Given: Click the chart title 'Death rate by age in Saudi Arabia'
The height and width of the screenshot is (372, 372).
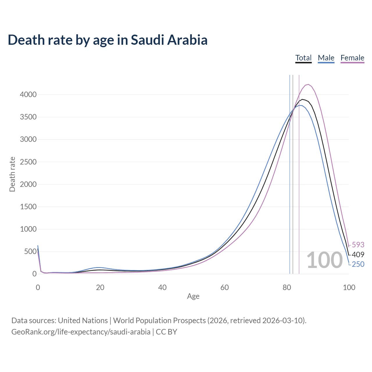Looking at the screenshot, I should pos(108,40).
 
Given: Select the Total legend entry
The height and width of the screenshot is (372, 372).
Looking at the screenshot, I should pos(303,58).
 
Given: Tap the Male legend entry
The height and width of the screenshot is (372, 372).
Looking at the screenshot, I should pos(326,58).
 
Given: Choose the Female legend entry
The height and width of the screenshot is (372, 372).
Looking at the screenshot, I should pos(352,58).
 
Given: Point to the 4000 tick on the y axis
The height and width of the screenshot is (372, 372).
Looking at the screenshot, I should pos(28,94).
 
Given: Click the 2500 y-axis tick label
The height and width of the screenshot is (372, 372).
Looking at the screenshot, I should pos(28,162).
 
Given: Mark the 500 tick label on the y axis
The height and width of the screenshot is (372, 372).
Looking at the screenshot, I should pos(30,251).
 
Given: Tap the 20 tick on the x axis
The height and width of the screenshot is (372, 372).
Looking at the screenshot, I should pos(100,287).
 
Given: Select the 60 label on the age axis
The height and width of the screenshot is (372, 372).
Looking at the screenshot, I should pos(224,287).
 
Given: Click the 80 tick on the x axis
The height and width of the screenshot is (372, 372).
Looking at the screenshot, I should pos(287,287).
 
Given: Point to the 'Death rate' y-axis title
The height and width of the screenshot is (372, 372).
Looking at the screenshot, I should pos(12,174).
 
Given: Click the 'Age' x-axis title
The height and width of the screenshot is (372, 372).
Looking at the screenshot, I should pos(193,296).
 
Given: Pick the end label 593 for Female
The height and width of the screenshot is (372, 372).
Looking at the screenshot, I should pos(358,245).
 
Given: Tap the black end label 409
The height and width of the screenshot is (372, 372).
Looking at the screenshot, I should pos(358,255).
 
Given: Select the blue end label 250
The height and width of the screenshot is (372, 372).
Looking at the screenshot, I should pos(358,264).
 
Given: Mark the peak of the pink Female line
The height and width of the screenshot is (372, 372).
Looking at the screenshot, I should pos(308,84).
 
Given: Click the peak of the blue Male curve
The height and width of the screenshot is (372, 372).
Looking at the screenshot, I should pos(301,105).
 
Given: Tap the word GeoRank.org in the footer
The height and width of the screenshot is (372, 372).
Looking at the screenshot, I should pos(30,332).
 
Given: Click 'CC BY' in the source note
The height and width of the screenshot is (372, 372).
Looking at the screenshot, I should pos(167,332).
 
